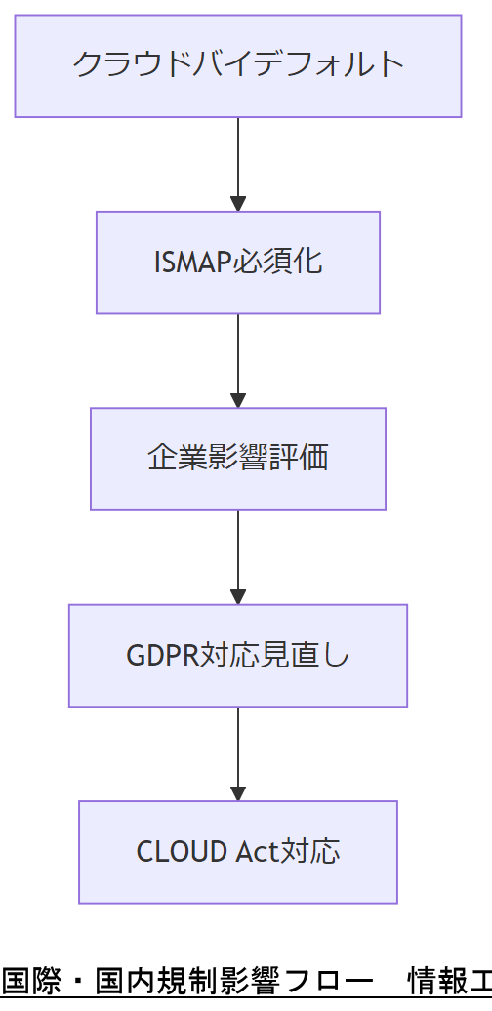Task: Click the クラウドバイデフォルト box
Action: coord(237,66)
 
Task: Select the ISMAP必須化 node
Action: coord(237,263)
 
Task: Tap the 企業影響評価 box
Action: coord(237,459)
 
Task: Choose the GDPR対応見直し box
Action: coord(237,655)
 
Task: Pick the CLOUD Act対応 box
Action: coord(237,851)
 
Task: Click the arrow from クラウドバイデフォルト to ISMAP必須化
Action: coord(237,162)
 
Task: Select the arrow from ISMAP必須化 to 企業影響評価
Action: coord(237,358)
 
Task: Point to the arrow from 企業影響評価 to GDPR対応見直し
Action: coord(237,555)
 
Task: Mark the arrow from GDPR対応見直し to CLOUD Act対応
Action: coord(237,751)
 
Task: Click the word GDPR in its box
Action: coord(163,656)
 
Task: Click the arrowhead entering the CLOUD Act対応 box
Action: coord(237,791)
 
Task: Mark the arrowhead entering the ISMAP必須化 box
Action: coord(237,203)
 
